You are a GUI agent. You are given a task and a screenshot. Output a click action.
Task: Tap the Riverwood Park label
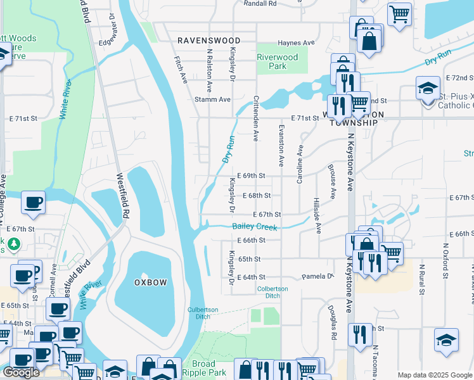(277, 61)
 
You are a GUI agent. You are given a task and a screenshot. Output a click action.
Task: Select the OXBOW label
(150, 282)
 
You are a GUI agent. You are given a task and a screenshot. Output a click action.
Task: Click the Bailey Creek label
(255, 227)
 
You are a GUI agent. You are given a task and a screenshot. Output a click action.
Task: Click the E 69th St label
(251, 175)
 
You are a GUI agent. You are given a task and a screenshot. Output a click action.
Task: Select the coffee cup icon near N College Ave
(33, 203)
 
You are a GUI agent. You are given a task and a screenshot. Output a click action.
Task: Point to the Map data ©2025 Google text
(434, 375)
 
